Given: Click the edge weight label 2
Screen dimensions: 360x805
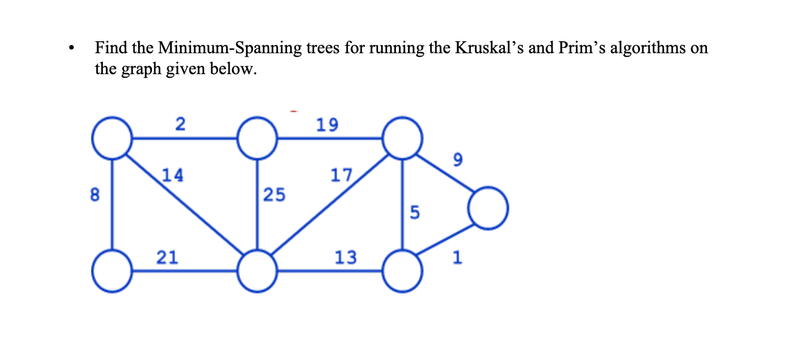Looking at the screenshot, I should coord(180,124).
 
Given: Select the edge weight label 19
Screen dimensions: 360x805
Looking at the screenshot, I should coord(327,124).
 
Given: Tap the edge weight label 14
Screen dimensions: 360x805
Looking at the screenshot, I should coord(173,175).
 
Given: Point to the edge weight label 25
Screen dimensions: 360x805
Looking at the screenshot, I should coord(275,194).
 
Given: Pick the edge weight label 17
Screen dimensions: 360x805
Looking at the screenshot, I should coord(341,175).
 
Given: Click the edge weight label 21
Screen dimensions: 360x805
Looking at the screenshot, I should coord(167,257).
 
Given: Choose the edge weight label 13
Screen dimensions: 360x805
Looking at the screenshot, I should coord(346,257).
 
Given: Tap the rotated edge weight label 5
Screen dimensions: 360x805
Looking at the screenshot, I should coord(415,212).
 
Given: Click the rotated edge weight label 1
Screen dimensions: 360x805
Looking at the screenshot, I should coord(458,258).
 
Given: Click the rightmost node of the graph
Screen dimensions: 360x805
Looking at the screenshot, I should coord(489,209).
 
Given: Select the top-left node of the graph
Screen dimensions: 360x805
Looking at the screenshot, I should coord(111,138).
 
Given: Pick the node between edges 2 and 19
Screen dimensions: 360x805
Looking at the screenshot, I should coord(257,138).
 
